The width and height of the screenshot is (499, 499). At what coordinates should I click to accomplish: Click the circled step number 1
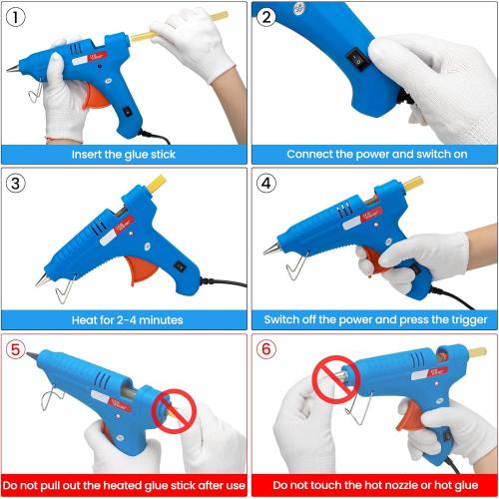click(x=17, y=17)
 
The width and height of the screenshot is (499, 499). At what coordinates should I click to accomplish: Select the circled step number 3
click(x=17, y=184)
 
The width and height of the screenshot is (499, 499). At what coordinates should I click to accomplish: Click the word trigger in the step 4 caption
click(x=464, y=320)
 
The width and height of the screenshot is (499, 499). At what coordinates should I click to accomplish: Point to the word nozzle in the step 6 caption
click(x=394, y=488)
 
